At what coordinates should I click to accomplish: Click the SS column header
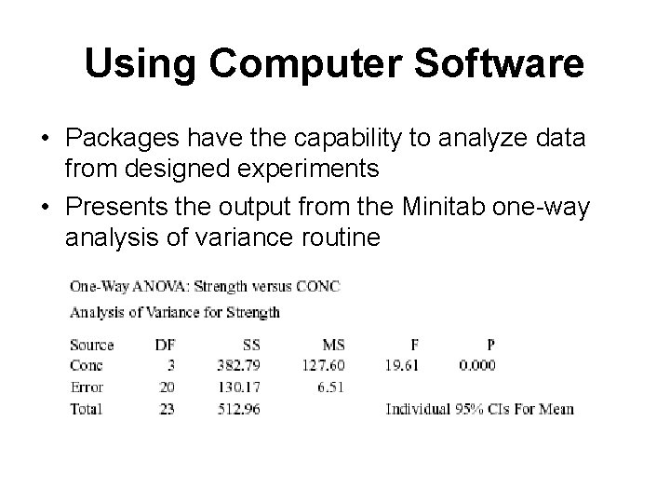pos(248,346)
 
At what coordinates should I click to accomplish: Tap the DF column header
pos(164,346)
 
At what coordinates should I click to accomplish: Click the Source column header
pos(91,346)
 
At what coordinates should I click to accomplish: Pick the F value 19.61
pos(401,366)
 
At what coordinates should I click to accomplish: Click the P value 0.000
pos(476,366)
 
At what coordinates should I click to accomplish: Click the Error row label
pos(87,387)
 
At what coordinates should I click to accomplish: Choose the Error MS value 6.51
pos(331,387)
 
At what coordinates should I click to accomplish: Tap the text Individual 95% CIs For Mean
pos(479,408)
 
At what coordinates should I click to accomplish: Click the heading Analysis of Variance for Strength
pos(175,312)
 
